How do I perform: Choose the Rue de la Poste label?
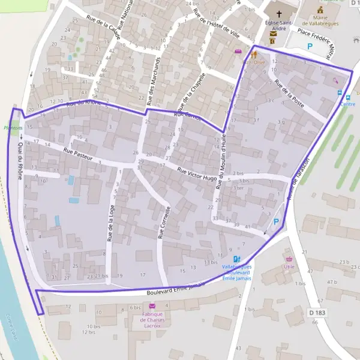click(x=289, y=94)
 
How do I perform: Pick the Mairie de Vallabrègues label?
click(x=324, y=22)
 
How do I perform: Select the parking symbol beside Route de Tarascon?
click(x=276, y=222)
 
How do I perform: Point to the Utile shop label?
click(x=289, y=266)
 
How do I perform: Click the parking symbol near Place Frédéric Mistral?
click(x=310, y=46)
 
